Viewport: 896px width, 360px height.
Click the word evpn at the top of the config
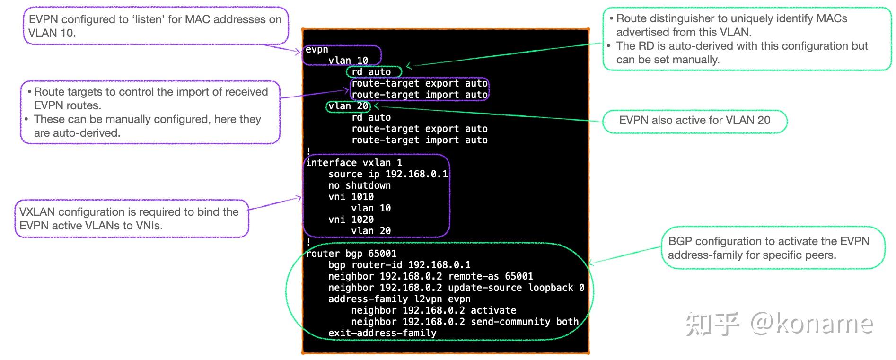316,49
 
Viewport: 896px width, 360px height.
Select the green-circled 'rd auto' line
371,72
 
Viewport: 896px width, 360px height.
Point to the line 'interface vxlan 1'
354,163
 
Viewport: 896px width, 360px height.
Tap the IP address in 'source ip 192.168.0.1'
416,174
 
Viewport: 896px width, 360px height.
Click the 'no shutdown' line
360,185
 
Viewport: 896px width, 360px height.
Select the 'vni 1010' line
351,197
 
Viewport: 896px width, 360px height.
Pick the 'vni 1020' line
351,220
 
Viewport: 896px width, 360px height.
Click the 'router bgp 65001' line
351,254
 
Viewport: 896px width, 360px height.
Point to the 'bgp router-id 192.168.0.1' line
399,265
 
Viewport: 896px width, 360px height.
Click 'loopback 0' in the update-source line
556,288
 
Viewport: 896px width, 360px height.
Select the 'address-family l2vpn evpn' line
399,299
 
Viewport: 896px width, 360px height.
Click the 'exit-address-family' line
382,333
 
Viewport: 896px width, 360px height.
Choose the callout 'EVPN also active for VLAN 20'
694,120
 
